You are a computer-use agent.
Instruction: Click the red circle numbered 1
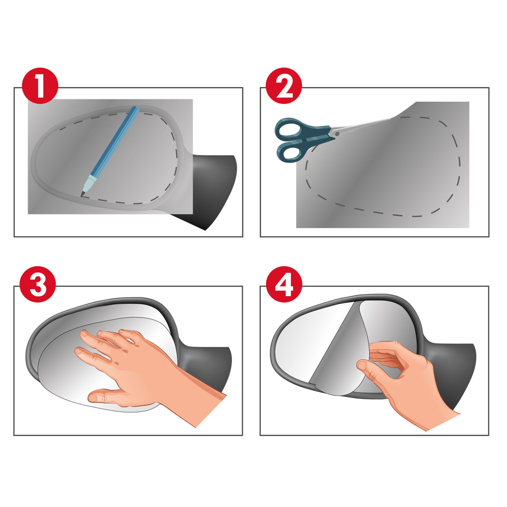click(x=40, y=85)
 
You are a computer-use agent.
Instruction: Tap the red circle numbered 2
click(x=284, y=85)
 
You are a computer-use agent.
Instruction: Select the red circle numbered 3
click(x=38, y=284)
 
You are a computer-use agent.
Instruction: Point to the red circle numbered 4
click(x=284, y=284)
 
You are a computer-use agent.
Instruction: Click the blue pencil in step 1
click(x=110, y=151)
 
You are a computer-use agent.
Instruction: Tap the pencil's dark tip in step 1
click(x=82, y=194)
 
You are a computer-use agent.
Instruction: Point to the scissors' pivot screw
click(x=337, y=134)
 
